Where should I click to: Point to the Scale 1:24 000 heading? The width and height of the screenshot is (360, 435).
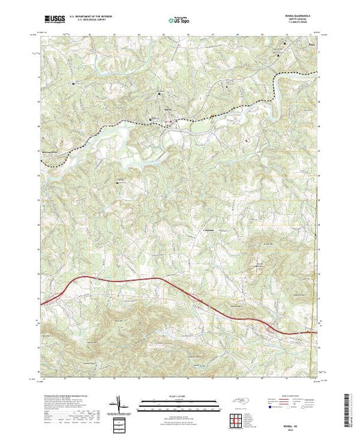[x=179, y=398]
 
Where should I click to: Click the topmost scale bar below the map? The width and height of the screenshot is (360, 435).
[x=179, y=403]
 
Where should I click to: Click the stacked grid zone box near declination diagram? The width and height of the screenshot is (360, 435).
[x=120, y=422]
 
